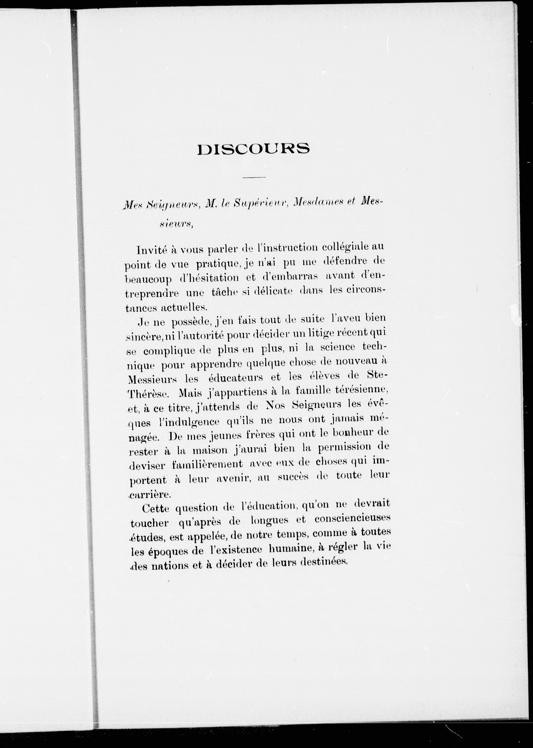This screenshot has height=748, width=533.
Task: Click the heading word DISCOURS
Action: [x=253, y=149]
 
